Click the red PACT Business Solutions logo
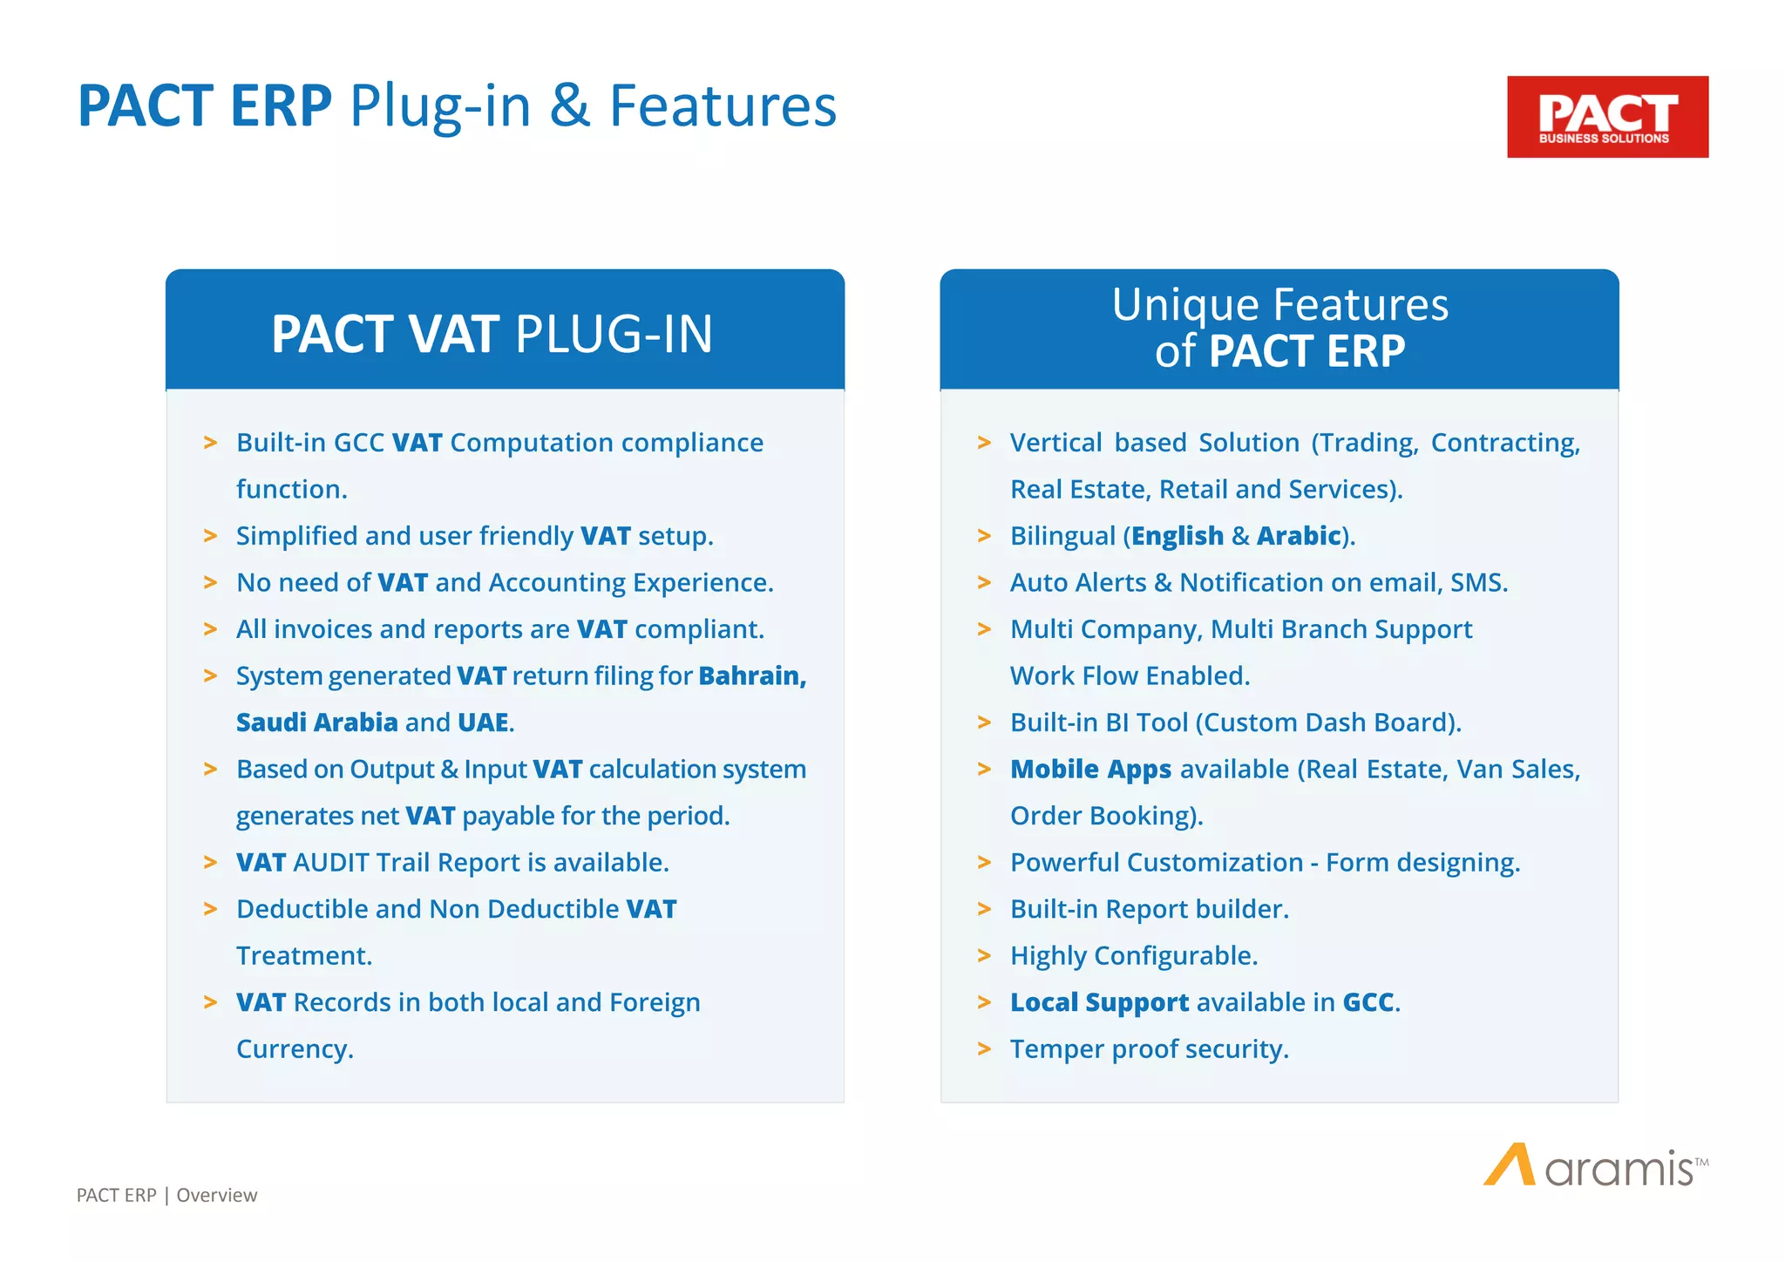[x=1607, y=117]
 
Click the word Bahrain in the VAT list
[x=752, y=676]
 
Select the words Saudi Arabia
[x=316, y=723]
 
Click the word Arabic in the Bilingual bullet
[x=1299, y=536]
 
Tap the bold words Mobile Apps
[x=1090, y=770]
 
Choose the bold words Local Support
[x=1099, y=1002]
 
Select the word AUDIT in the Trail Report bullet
[x=331, y=863]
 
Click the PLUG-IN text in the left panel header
[x=614, y=334]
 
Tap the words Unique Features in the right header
[x=1279, y=305]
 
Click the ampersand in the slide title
[x=570, y=106]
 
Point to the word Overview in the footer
[x=216, y=1195]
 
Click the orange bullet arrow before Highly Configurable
[x=984, y=956]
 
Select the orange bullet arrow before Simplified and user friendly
[x=210, y=536]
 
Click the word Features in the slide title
[x=722, y=106]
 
